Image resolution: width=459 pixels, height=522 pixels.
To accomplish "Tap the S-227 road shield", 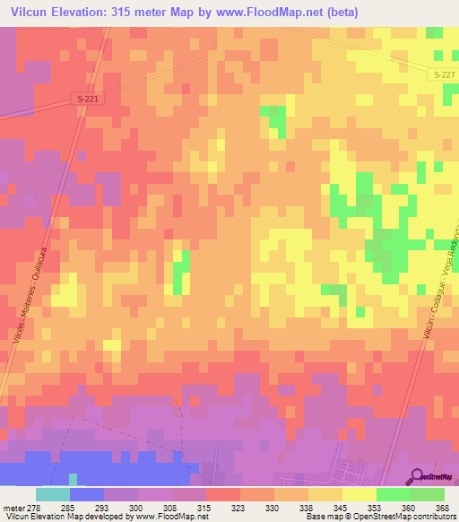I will point(436,75).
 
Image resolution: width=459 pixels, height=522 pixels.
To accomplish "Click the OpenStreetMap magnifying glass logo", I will point(418,476).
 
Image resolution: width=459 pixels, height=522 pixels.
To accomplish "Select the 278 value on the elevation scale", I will point(32,507).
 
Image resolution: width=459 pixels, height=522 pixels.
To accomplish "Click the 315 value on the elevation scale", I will point(205,507).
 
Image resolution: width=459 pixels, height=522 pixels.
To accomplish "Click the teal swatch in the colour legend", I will point(52,494).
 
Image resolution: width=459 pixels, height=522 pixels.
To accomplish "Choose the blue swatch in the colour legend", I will point(86,494).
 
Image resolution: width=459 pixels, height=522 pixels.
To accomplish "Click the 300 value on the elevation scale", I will point(136,507).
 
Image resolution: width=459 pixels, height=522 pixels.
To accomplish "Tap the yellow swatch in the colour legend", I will point(359,494).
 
